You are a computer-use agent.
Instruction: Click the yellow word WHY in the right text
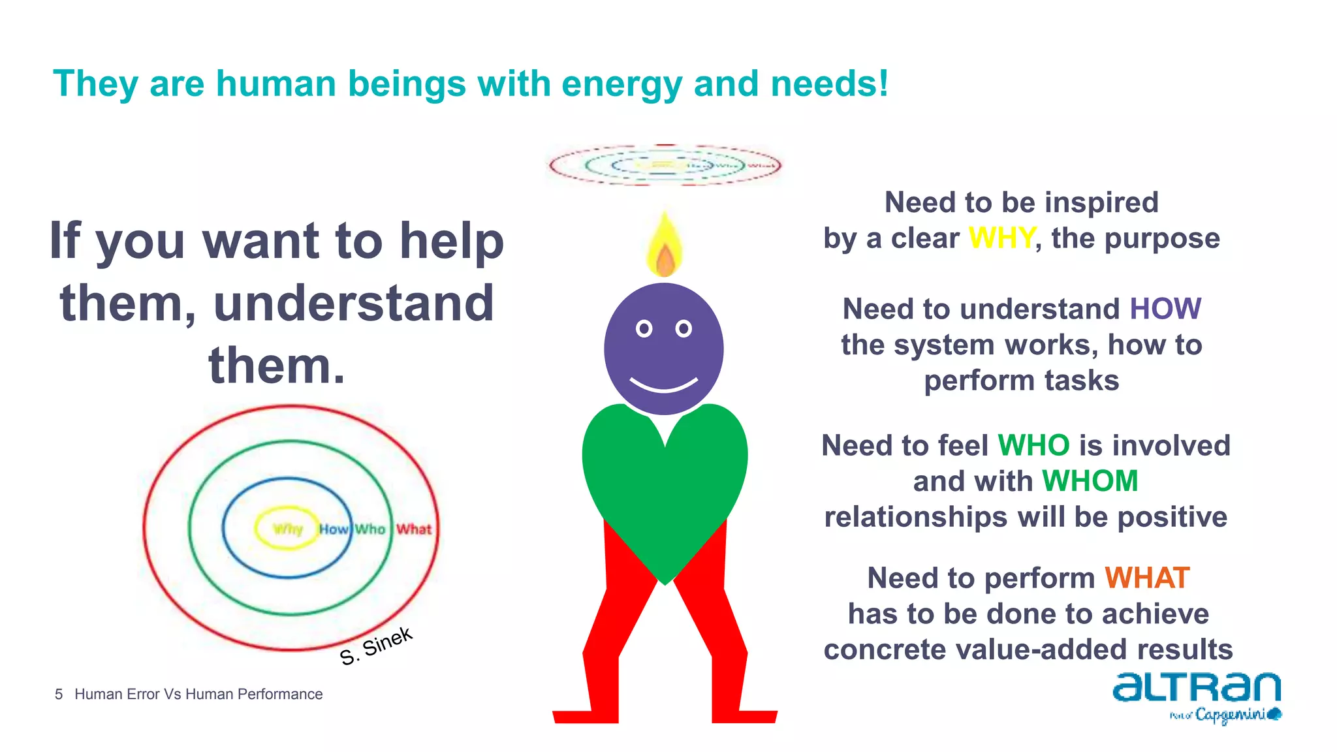(1001, 238)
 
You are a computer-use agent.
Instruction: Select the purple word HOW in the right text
(1165, 309)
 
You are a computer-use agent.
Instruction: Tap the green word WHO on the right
(1033, 446)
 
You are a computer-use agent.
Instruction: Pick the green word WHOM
(1090, 482)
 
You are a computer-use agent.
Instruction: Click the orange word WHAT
(1146, 578)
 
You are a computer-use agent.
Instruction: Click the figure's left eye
(644, 328)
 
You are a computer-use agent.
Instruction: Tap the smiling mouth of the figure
(663, 385)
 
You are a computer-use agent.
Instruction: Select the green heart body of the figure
(664, 483)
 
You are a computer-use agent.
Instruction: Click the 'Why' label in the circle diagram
(287, 529)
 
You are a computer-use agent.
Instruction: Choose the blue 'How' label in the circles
(334, 529)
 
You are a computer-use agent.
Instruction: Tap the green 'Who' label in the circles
(370, 529)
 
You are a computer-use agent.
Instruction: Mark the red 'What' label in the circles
(414, 529)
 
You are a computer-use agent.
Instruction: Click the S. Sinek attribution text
(376, 646)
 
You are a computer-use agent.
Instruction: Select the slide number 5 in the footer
(59, 695)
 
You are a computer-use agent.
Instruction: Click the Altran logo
(1197, 688)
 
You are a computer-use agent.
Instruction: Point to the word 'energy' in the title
(621, 84)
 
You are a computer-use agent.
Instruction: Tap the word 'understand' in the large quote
(353, 304)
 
